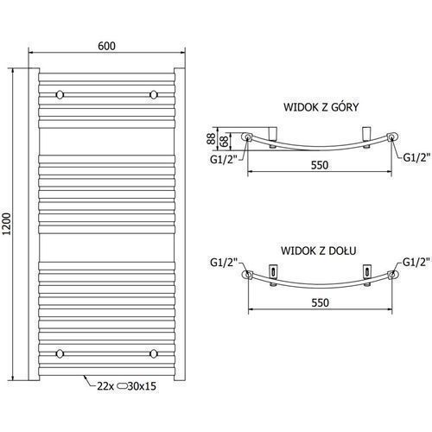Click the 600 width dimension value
pos(106,46)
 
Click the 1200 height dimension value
pos(6,224)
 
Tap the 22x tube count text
pos(105,386)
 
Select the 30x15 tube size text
pos(142,386)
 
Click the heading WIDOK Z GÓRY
pos(321,107)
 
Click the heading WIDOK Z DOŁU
pos(319,251)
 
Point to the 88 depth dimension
pos(212,139)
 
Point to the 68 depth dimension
pos(225,141)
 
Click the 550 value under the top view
pos(320,165)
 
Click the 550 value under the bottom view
pos(320,302)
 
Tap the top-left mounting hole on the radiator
pos(60,95)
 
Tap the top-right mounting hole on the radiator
pos(154,95)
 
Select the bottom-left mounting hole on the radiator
pos(60,353)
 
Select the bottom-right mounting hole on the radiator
pos(154,353)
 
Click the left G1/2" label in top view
pos(224,159)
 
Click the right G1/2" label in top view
pos(416,157)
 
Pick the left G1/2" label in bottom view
pos(224,263)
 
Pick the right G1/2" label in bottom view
pos(416,262)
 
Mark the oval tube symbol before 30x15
pos(122,386)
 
